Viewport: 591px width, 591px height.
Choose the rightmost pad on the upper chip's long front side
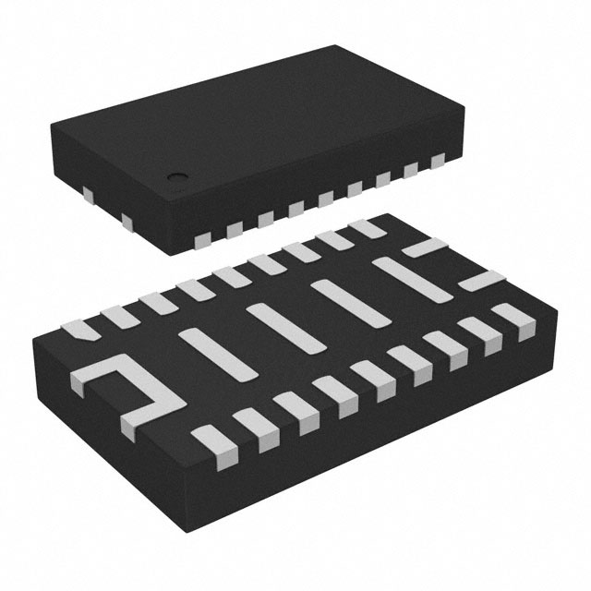point(436,166)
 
